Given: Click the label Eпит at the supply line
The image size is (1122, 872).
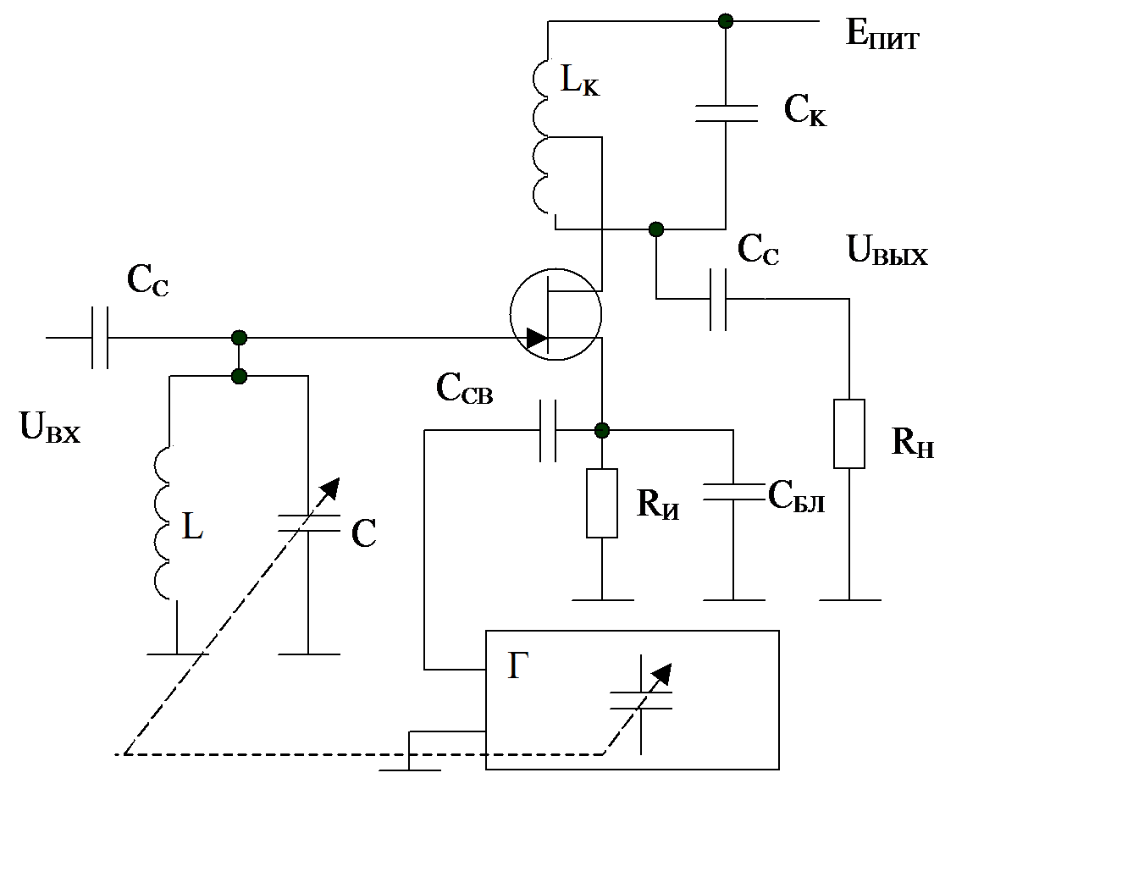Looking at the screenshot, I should (x=882, y=35).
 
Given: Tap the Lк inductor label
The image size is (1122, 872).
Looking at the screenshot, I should (x=579, y=80).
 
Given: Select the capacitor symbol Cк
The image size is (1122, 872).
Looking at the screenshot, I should (x=726, y=113).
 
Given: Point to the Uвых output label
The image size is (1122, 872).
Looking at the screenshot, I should (x=887, y=250).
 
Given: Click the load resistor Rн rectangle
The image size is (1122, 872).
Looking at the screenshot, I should (x=848, y=433).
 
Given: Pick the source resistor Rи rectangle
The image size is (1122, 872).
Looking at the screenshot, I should (x=601, y=503).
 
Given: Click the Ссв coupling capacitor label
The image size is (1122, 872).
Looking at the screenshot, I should (x=464, y=389).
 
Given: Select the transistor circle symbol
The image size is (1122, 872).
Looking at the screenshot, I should (x=555, y=314).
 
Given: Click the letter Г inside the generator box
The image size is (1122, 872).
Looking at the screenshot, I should (x=518, y=668).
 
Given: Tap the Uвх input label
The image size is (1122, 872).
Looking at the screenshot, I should (x=49, y=428).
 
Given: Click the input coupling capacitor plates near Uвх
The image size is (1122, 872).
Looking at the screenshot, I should (x=100, y=338).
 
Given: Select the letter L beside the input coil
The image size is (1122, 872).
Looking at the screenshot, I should (x=192, y=527).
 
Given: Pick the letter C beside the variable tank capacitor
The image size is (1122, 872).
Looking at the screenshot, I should (x=363, y=534).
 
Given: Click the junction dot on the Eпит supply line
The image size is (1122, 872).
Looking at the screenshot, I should (x=725, y=20).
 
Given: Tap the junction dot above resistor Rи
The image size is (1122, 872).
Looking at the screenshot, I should (x=601, y=431).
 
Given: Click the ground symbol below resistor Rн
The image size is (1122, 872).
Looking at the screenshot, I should (x=849, y=599).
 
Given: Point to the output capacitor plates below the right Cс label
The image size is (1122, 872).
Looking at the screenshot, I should (x=718, y=299).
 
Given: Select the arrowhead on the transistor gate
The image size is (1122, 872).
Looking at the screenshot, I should (x=536, y=339).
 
